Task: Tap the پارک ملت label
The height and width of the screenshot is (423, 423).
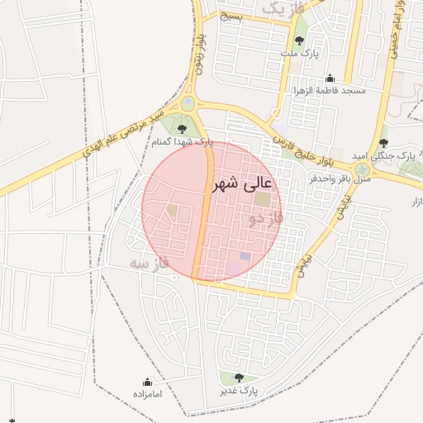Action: (x=299, y=53)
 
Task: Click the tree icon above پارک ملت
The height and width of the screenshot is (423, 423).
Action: (x=299, y=39)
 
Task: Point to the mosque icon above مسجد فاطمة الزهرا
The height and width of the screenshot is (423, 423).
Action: (x=330, y=78)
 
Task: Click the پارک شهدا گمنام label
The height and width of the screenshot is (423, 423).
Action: (x=182, y=142)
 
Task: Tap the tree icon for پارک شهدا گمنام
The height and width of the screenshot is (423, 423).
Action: (x=181, y=127)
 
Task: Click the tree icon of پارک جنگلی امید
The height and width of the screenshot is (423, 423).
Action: (x=383, y=142)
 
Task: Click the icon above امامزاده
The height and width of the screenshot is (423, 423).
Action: (x=148, y=382)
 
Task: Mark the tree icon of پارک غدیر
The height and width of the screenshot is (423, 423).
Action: (x=240, y=378)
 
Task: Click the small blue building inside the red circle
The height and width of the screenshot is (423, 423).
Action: (x=245, y=257)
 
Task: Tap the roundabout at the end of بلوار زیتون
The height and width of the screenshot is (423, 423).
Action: (x=189, y=102)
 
